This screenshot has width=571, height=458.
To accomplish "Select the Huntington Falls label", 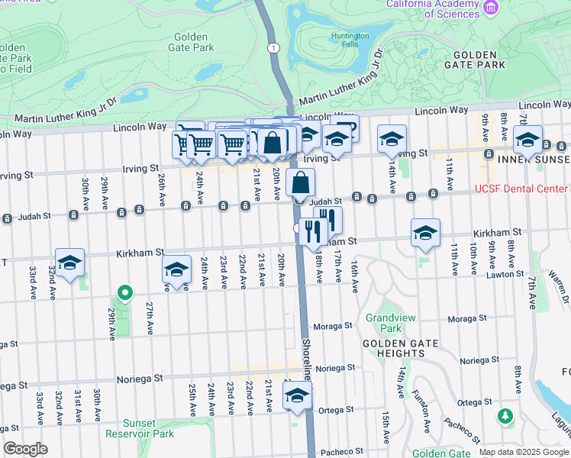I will coord(350,40).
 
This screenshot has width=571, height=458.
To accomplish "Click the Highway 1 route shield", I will coord(272,48).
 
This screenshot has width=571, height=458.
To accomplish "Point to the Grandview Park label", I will coord(382,323).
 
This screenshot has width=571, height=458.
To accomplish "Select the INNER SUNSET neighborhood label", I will coord(534,160).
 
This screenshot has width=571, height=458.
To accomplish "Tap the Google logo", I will coord(25,449).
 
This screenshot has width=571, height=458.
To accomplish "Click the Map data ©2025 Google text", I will coord(524,452).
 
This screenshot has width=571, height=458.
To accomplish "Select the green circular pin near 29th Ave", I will coord(122,292).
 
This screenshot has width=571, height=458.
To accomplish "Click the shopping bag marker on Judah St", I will coord(301,183).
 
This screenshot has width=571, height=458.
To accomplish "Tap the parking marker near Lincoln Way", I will coord(345,127).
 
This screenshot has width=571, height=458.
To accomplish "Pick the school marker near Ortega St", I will coord(297,395).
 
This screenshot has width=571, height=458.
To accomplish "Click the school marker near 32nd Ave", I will coord(69,263).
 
